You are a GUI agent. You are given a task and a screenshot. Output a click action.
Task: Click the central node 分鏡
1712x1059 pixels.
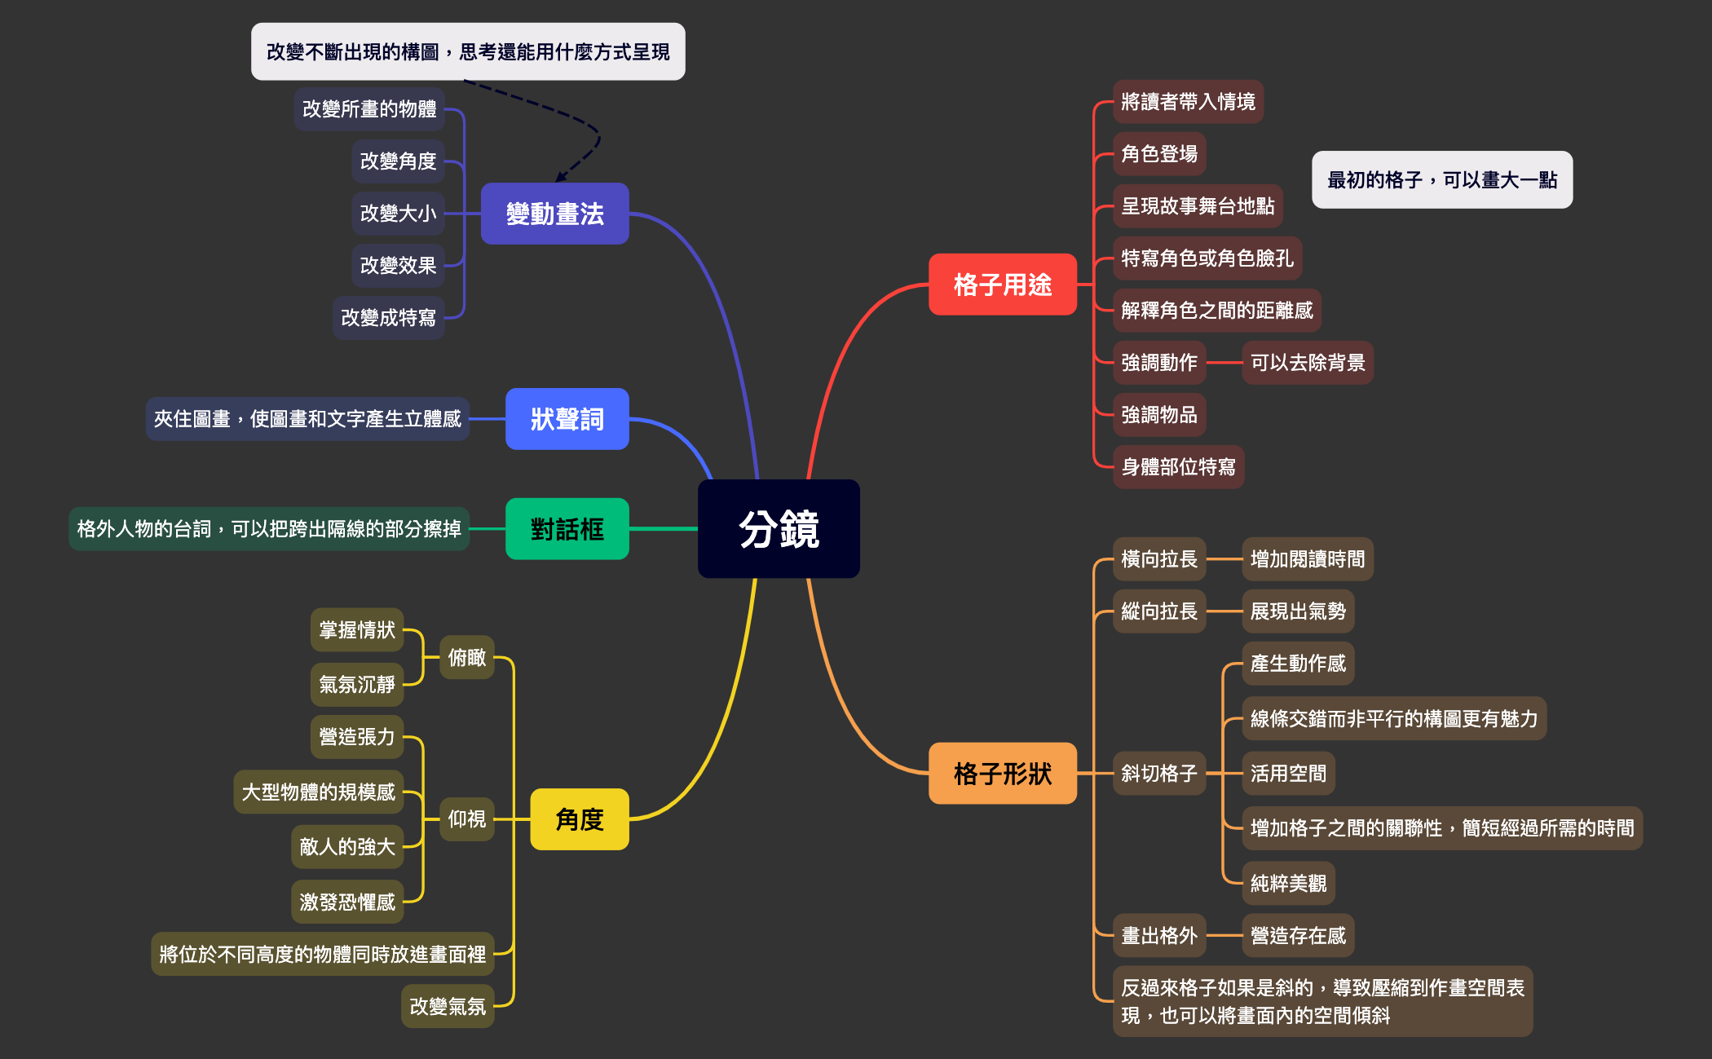click(x=779, y=529)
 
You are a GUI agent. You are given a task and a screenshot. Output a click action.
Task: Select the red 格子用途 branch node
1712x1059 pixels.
click(x=1002, y=285)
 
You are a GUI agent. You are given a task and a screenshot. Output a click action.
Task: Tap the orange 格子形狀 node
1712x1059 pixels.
click(x=1002, y=773)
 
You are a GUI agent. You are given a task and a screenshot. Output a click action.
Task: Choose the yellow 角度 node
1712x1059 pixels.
click(x=579, y=819)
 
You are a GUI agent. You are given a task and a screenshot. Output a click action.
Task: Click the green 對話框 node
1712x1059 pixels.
click(x=567, y=529)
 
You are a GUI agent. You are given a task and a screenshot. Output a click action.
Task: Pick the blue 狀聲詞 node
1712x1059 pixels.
click(x=567, y=419)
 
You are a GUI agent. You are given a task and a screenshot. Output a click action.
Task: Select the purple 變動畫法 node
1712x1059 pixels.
click(x=554, y=214)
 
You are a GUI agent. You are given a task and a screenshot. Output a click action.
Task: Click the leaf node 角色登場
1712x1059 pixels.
click(x=1158, y=154)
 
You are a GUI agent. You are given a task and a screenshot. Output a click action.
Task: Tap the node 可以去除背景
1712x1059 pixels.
click(x=1307, y=363)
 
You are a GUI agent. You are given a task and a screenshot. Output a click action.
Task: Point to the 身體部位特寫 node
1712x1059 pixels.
click(x=1178, y=467)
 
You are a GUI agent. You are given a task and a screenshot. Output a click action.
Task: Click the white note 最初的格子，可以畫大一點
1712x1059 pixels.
click(x=1441, y=180)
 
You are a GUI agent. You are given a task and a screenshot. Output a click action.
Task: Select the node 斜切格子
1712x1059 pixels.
click(x=1158, y=773)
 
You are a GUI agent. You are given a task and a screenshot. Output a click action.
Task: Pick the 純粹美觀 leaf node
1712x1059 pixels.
click(x=1288, y=883)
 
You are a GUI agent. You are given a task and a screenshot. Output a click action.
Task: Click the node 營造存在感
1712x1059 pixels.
click(x=1298, y=935)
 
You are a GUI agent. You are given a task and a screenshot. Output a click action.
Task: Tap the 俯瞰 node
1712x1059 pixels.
click(x=466, y=657)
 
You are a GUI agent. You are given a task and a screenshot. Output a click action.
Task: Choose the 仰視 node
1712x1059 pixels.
click(x=466, y=819)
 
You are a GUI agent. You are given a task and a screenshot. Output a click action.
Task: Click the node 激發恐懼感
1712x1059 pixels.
click(x=347, y=902)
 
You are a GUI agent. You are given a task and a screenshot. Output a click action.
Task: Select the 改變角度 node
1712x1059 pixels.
click(x=398, y=161)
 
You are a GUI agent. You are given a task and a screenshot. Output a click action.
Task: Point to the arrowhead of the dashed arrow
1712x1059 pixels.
click(x=560, y=179)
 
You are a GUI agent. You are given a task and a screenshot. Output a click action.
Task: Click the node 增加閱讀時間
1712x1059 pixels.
click(x=1307, y=559)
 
